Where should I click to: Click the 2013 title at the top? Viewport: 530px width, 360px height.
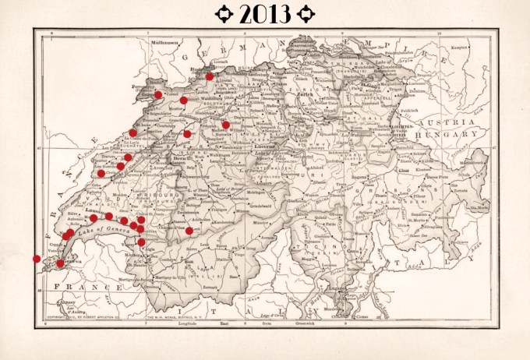265,13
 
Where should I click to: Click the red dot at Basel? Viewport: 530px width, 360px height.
210,76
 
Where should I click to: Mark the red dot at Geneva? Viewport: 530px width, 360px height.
61,263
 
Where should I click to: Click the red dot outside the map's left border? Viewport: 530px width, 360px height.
37,259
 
